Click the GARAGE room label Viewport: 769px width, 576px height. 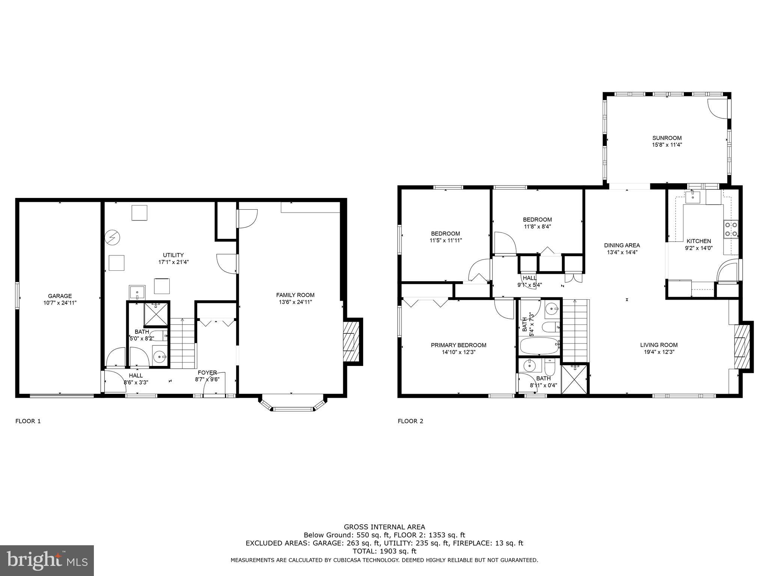[60, 296]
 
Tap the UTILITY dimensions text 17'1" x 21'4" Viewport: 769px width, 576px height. [173, 262]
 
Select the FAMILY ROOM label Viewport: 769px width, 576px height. [295, 295]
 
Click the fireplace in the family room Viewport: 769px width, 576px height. [350, 342]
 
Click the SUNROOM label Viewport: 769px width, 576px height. [666, 138]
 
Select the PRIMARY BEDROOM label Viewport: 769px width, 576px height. [458, 345]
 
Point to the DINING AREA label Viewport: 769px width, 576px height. [622, 245]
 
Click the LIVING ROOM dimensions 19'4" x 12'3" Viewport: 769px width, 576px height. [659, 352]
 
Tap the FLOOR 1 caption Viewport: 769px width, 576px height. [28, 421]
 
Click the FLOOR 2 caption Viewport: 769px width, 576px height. [410, 421]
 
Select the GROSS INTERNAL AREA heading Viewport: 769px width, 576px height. [384, 527]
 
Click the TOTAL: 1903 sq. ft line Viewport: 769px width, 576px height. [384, 551]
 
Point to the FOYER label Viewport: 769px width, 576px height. [207, 372]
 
